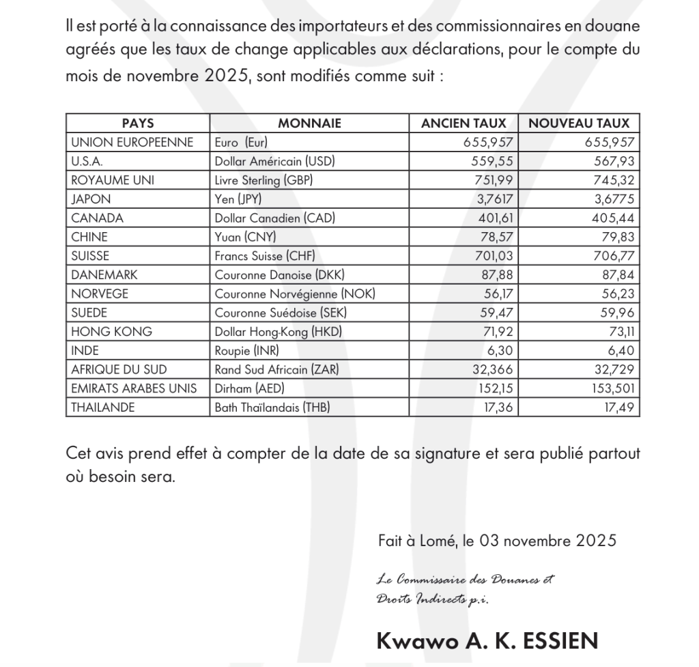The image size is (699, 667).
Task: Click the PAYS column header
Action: (x=137, y=124)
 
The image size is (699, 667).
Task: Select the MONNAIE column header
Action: (x=309, y=124)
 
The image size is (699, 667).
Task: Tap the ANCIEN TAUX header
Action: (x=463, y=124)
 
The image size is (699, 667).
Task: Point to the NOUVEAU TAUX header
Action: (x=579, y=124)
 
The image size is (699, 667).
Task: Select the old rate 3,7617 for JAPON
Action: (x=489, y=199)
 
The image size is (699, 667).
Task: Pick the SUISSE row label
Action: (x=90, y=256)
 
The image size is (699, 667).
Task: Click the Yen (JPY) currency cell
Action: (x=238, y=199)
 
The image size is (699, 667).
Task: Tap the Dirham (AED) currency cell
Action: (x=249, y=388)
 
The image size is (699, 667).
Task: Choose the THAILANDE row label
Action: (x=103, y=408)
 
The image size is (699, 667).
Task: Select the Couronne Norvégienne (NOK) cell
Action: (x=295, y=294)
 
